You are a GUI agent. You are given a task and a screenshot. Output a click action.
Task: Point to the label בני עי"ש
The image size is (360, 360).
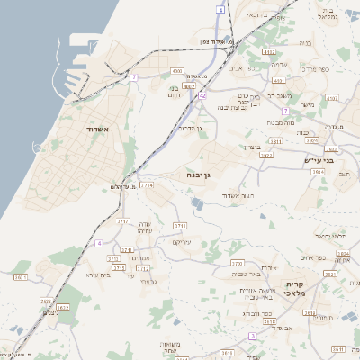pyautogui.click(x=318, y=161)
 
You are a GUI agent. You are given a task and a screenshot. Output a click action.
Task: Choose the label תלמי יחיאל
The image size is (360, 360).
pyautogui.click(x=331, y=235)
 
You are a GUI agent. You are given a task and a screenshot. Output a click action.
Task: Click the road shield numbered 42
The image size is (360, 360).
pyautogui.click(x=202, y=95)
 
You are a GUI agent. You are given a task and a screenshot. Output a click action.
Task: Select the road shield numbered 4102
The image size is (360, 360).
pyautogui.click(x=269, y=52)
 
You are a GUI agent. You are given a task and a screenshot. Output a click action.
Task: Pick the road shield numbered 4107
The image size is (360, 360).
pyautogui.click(x=332, y=98)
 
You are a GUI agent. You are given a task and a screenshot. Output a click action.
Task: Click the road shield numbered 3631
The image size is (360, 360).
pyautogui.click(x=20, y=278)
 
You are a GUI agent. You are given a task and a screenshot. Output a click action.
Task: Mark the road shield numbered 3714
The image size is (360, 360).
pyautogui.click(x=148, y=184)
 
